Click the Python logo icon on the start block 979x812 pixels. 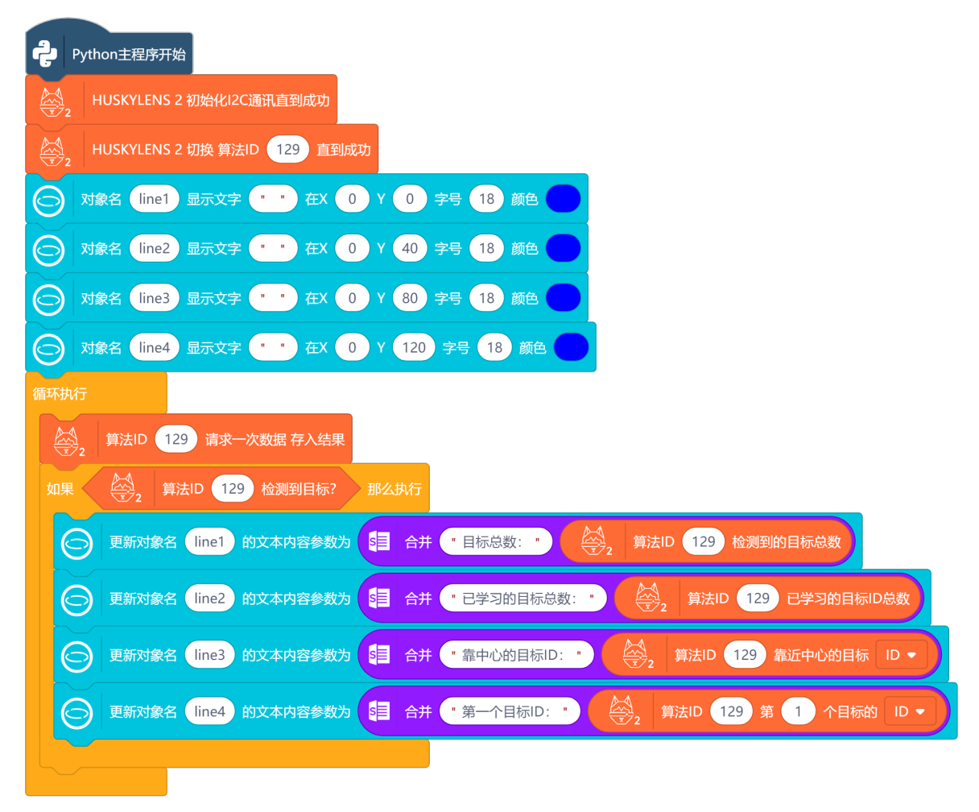[x=45, y=54]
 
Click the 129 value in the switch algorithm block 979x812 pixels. [x=287, y=149]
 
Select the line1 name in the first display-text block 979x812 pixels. [x=154, y=199]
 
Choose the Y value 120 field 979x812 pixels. [x=414, y=348]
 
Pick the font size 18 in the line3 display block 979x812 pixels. [x=485, y=298]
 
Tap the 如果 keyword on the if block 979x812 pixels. [x=60, y=488]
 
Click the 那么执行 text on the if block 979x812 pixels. [x=394, y=488]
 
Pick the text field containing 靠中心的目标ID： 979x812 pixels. [x=517, y=654]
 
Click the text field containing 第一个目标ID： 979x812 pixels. [x=510, y=710]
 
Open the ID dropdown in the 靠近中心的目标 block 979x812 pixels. [x=901, y=655]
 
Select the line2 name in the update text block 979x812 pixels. [x=209, y=598]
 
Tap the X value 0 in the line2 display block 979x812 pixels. [x=352, y=249]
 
